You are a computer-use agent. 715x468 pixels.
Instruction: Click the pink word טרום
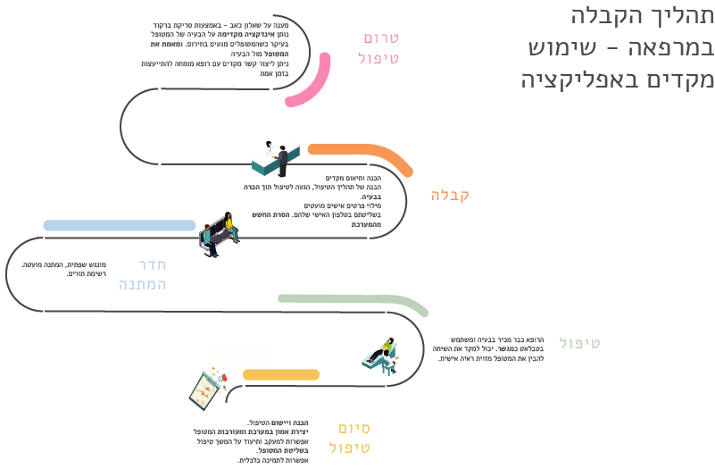pos(381,38)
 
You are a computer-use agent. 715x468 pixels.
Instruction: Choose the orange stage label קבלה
pos(450,196)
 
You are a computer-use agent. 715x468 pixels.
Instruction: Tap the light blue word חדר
pos(153,264)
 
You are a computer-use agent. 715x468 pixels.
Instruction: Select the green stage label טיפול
pos(580,343)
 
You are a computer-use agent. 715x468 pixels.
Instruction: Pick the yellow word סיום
pos(354,428)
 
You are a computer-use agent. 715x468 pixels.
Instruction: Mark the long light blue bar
pos(119,225)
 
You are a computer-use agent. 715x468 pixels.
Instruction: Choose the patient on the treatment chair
pos(383,353)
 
